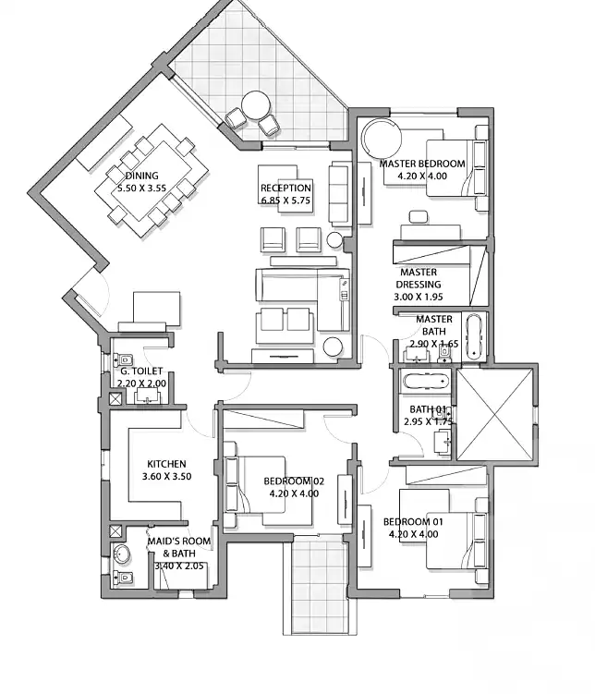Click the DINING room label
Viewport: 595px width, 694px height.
[x=141, y=176]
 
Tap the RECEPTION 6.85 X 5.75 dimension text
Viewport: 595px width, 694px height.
[x=285, y=201]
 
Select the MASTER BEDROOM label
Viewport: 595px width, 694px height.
[x=422, y=164]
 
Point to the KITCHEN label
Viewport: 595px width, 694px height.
[x=166, y=464]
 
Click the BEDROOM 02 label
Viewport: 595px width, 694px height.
[x=294, y=481]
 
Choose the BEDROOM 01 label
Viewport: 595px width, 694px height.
[x=413, y=522]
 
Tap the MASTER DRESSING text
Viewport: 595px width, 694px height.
[x=419, y=278]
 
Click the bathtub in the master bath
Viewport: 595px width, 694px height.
[x=475, y=336]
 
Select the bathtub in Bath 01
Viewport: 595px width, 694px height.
[x=426, y=381]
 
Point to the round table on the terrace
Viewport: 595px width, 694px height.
[x=256, y=105]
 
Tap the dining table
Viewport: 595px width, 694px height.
[x=151, y=181]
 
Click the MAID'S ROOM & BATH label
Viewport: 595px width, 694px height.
[x=178, y=547]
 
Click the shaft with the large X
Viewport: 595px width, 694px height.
[x=494, y=414]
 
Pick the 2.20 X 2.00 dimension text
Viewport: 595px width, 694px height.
[x=141, y=384]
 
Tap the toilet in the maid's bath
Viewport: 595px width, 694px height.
[x=123, y=578]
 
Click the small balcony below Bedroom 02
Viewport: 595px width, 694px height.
[x=320, y=583]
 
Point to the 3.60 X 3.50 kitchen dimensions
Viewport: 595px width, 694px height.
[x=166, y=477]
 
